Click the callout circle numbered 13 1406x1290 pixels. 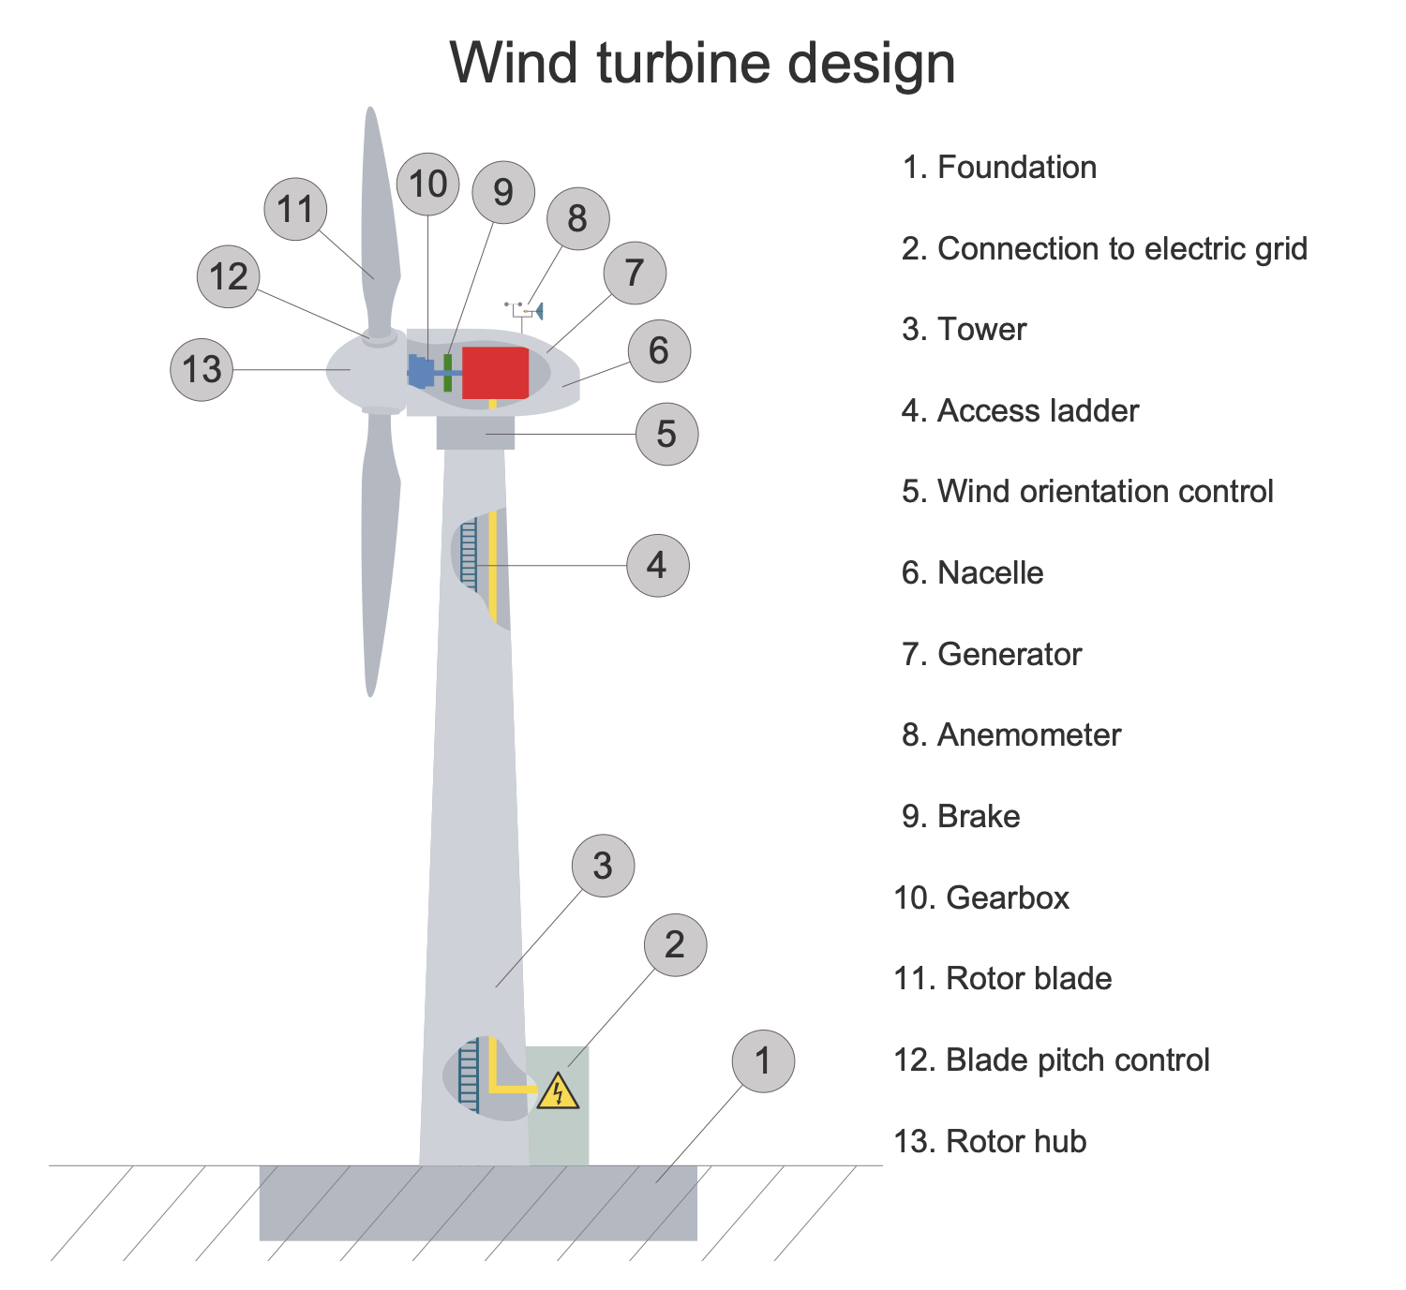click(x=202, y=370)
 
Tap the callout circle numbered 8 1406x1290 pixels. click(x=577, y=219)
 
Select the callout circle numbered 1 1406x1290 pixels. click(x=763, y=1061)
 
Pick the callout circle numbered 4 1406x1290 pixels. click(x=657, y=566)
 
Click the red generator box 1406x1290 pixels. click(x=495, y=372)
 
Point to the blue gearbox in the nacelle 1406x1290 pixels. click(x=422, y=372)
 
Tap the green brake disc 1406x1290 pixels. click(x=448, y=372)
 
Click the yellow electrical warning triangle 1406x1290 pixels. click(x=559, y=1091)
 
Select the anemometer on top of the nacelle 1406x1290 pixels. click(x=526, y=310)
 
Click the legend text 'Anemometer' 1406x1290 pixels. click(x=1028, y=735)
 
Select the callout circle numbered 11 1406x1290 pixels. click(x=296, y=210)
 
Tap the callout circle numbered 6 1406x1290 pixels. click(x=659, y=351)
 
